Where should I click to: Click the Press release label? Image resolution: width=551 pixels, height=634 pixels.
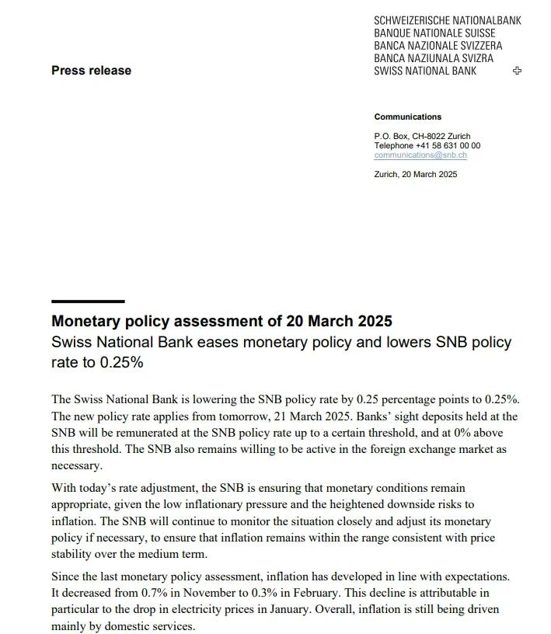click(91, 71)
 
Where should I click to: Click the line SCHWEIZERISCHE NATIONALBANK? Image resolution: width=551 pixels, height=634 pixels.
click(447, 21)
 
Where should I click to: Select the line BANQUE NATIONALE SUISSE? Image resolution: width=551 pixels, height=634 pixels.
click(434, 33)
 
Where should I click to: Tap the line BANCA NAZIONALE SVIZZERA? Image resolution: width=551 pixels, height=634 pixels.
click(438, 46)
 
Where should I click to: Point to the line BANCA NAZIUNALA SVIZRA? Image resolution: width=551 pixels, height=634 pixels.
click(433, 58)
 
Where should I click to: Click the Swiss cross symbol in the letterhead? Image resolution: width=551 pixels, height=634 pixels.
click(518, 71)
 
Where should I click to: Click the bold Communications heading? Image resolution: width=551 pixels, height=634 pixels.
click(407, 117)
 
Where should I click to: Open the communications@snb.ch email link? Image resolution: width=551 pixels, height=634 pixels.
click(420, 155)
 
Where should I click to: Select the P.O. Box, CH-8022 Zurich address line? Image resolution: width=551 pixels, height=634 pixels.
click(422, 136)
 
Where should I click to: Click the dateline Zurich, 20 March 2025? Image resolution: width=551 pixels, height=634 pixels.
click(416, 174)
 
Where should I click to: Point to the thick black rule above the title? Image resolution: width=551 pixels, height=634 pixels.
click(88, 301)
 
